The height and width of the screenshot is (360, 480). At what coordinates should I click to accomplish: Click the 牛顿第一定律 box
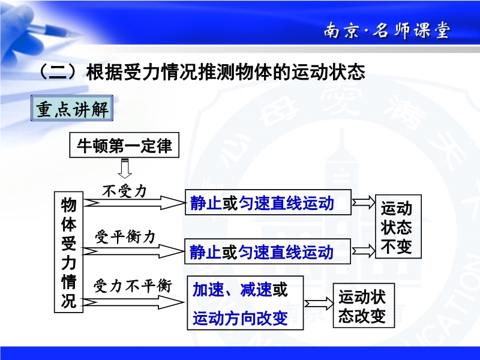coord(124,145)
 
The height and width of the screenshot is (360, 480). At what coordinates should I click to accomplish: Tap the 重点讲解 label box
coord(72,108)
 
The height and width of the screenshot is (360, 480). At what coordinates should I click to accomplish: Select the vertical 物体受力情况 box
coord(68,252)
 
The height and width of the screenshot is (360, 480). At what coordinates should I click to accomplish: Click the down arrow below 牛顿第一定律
coord(125,168)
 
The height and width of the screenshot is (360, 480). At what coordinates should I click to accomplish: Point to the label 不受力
coord(124,191)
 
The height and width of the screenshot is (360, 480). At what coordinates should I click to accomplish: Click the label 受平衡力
coord(125,236)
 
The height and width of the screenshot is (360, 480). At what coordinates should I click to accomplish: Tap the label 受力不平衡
coord(133,286)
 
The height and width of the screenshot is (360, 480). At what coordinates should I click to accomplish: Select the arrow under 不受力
coord(134,203)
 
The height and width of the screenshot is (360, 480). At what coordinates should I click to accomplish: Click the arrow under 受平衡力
coord(133,251)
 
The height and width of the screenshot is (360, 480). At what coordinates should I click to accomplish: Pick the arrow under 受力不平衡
coord(133,302)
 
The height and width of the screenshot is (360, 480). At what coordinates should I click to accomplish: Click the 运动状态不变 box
coord(398,227)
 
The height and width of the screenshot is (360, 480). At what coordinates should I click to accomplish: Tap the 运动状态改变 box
coord(364,305)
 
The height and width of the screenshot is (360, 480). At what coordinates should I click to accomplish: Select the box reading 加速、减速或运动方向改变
coord(245,303)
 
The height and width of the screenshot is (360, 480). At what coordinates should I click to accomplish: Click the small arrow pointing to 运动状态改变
coord(319,304)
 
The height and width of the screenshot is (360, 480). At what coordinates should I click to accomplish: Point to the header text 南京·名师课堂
coord(387,31)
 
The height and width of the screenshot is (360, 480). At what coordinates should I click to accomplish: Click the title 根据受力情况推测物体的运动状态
coord(226,72)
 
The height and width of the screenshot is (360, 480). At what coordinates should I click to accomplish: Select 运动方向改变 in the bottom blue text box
coord(241,318)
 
